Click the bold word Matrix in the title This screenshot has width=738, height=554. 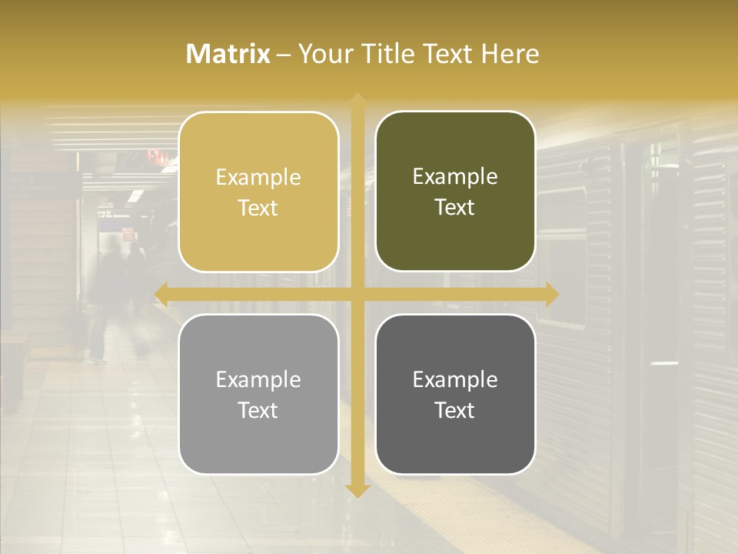coord(228,54)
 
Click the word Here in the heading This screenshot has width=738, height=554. coord(510,54)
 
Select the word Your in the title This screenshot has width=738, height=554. coord(323,54)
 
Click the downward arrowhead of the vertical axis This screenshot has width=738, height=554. coord(357,490)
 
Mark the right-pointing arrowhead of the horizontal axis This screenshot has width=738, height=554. coord(551,294)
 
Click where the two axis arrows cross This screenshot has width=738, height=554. coord(357,294)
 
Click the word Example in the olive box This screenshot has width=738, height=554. coord(455,176)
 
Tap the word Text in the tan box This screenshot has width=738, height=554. coord(258,208)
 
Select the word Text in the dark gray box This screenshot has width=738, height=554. coord(455,410)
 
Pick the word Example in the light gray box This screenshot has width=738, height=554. coord(258,379)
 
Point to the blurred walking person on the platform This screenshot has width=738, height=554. coord(108,300)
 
